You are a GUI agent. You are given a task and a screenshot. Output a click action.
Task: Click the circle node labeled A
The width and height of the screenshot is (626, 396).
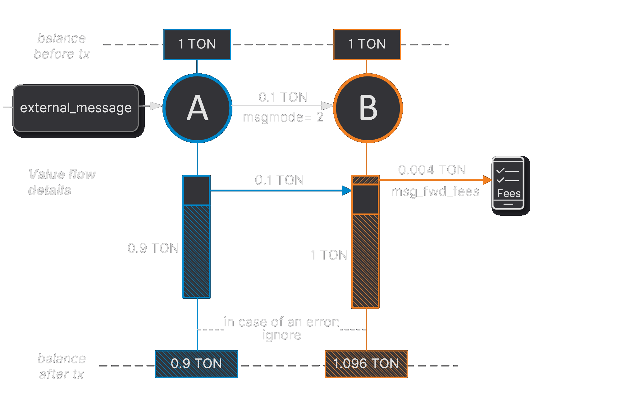(197, 108)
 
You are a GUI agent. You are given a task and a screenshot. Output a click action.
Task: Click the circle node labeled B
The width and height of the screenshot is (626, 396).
(368, 108)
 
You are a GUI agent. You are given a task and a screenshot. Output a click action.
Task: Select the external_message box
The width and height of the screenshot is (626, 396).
(76, 108)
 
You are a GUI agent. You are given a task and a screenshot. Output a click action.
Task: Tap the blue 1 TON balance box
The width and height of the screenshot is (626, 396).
(197, 44)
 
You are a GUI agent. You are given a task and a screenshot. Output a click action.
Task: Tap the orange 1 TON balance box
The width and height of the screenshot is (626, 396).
(367, 44)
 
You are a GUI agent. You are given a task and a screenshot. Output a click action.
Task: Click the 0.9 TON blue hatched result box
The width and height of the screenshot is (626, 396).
(196, 364)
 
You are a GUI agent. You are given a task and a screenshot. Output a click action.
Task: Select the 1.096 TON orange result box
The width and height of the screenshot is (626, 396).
(366, 364)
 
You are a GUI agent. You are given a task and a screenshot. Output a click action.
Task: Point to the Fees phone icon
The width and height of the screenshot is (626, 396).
(508, 183)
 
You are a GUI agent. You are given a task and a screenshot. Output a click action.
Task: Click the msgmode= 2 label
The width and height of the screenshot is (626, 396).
(283, 117)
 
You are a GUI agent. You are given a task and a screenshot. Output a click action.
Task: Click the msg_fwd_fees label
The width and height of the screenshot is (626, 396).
(435, 191)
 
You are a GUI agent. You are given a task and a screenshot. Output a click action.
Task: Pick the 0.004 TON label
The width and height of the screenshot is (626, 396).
(432, 170)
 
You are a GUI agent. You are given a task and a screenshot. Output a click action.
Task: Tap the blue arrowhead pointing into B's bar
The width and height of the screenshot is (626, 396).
(347, 191)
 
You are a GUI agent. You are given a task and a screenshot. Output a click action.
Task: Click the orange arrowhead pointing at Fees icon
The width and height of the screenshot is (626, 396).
(487, 180)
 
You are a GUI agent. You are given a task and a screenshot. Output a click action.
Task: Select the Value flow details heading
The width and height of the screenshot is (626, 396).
(62, 182)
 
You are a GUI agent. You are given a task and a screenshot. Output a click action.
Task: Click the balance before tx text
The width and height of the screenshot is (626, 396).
(62, 46)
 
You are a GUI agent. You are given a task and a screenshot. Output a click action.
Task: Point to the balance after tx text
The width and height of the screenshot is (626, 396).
(62, 366)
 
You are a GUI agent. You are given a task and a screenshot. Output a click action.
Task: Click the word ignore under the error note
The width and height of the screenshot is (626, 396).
(281, 335)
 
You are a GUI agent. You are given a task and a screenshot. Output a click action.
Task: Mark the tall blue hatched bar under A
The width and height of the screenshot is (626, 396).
(196, 251)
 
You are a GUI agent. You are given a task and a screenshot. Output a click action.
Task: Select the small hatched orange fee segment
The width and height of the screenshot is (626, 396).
(365, 180)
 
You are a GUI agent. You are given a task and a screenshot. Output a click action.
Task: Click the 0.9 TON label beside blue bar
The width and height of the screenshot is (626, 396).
(153, 248)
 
